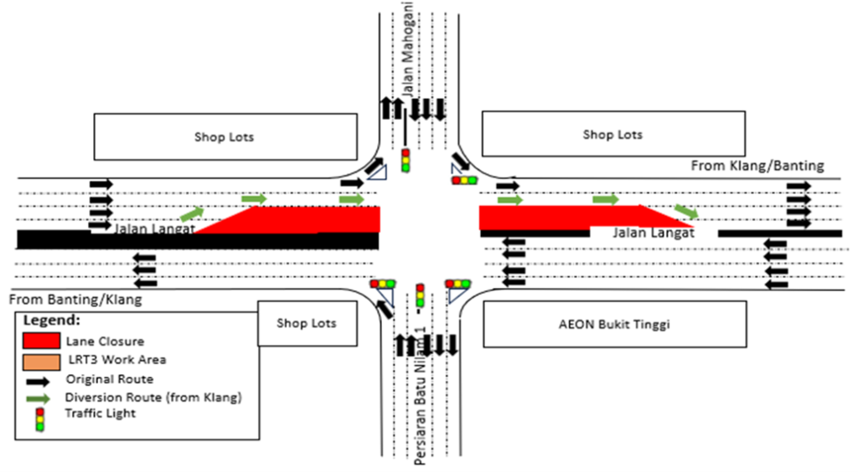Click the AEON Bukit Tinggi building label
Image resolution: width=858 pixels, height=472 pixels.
point(614,324)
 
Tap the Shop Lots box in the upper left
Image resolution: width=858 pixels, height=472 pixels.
point(224,136)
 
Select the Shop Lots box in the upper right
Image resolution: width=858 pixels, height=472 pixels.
point(612,134)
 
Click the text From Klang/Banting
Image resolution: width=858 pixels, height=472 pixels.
point(757,166)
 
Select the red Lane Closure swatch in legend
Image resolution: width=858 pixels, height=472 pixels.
point(39,341)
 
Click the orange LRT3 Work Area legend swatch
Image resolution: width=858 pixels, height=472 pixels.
point(39,361)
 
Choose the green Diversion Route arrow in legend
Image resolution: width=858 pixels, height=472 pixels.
point(39,397)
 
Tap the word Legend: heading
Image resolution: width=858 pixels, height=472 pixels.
point(52,321)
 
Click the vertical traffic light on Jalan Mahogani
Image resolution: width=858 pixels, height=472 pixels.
point(406,160)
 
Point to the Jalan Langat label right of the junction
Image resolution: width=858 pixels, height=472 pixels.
point(653,233)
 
